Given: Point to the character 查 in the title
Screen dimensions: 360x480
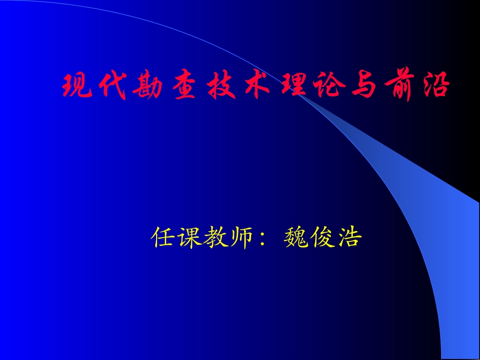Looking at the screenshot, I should pyautogui.click(x=183, y=86).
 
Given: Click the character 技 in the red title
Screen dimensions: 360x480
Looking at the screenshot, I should pyautogui.click(x=218, y=86).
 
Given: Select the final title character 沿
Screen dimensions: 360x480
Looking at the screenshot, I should pyautogui.click(x=435, y=86).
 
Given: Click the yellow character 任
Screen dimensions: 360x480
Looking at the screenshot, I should pyautogui.click(x=164, y=237).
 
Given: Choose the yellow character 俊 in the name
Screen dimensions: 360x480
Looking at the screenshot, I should pyautogui.click(x=323, y=237).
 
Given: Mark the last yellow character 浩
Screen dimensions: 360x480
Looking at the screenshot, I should pyautogui.click(x=349, y=237).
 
